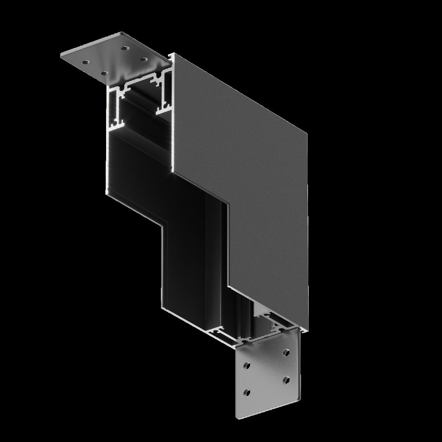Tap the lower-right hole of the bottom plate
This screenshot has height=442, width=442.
coord(286,379)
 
